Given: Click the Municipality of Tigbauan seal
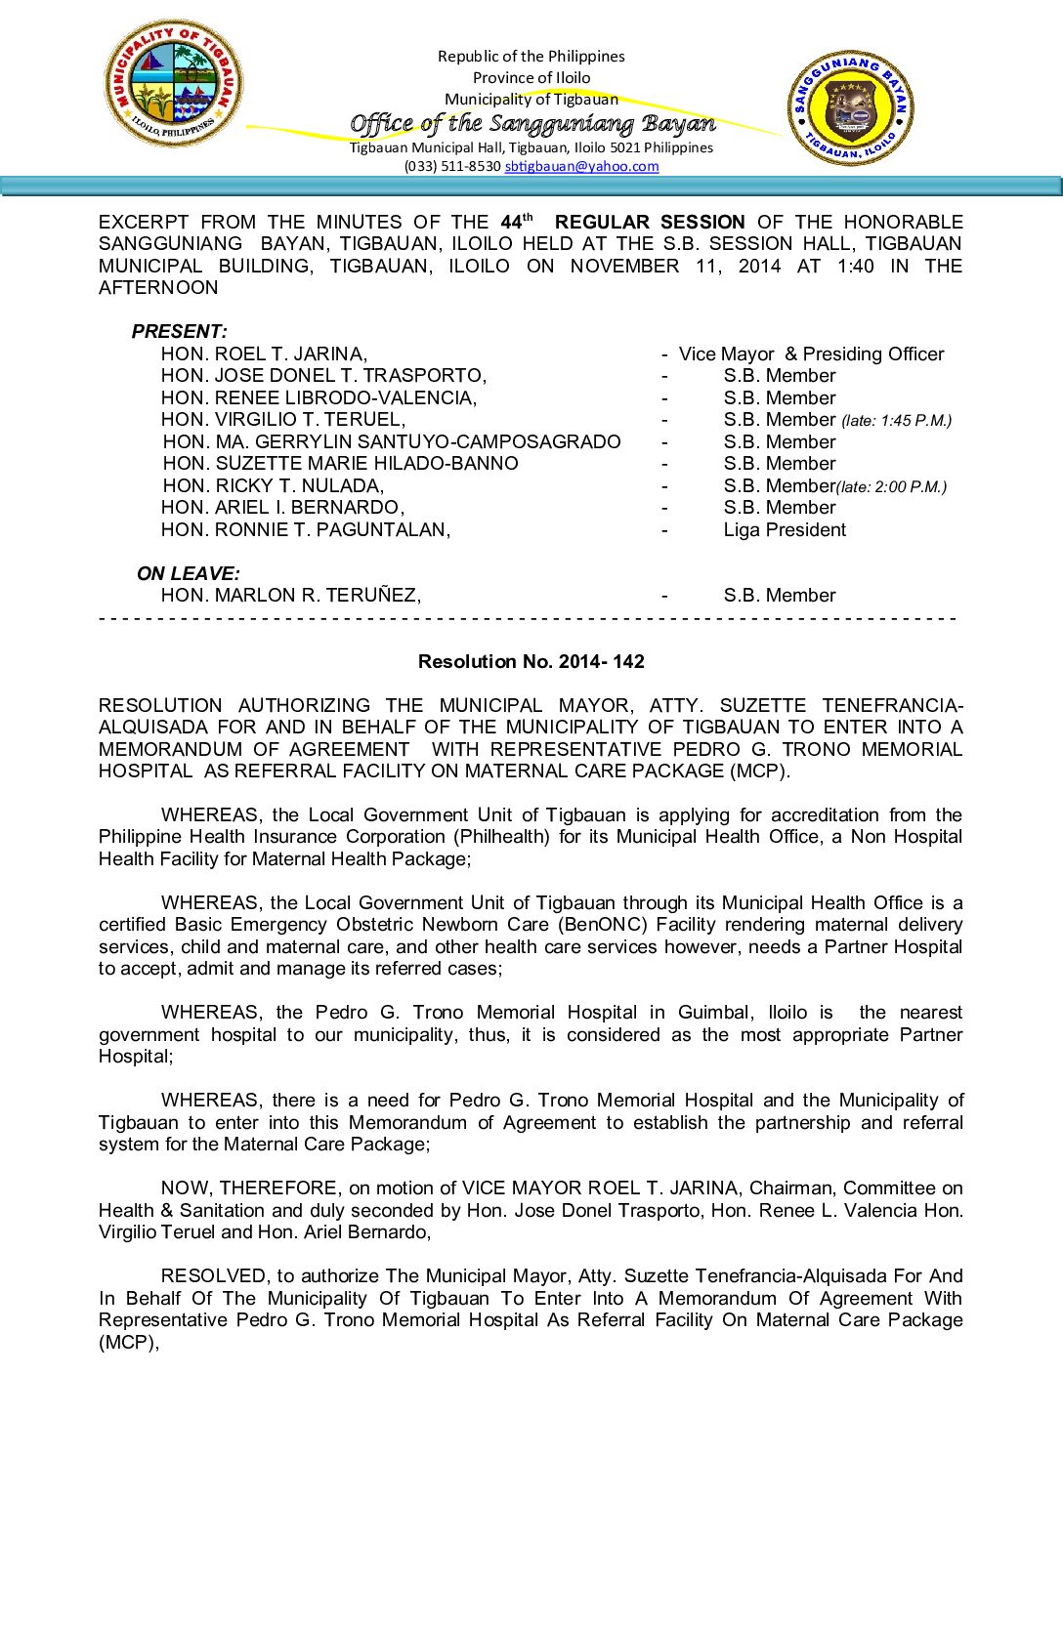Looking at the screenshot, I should coord(174,84).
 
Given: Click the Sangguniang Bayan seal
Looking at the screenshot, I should coord(851,107).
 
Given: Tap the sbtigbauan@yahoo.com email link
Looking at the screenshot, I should coord(581,166).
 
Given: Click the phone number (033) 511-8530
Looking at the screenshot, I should coord(452,166).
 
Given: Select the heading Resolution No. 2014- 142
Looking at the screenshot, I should coord(531,661).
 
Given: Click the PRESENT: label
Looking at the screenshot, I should coord(179,331).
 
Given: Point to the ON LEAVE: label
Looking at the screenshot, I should coord(188,573).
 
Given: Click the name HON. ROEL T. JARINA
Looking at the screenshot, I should coord(264,354).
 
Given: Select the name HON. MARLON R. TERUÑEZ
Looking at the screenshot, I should coord(290,595).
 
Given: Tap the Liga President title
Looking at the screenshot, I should coord(785,529).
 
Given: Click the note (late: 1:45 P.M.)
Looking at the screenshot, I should coord(896,421).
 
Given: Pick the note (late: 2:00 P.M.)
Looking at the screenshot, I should coord(891,486).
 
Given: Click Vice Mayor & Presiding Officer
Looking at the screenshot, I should coord(811,354).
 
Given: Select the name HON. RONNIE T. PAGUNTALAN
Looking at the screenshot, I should coord(305,529).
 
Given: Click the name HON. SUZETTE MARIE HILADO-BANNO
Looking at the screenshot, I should coord(340,463).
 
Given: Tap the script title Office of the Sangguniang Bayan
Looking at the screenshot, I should coord(532,123).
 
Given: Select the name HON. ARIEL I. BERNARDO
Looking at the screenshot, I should coord(282,507).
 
